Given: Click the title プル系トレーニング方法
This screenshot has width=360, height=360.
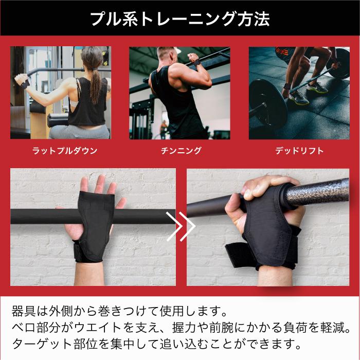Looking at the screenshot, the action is click(x=180, y=19).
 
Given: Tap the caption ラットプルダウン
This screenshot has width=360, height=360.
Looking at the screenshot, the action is click(x=65, y=151).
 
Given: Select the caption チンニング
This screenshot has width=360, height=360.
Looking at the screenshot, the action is click(x=181, y=151).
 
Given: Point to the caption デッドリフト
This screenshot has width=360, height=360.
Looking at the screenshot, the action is click(x=299, y=151).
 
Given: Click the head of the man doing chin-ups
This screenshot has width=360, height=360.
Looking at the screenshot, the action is click(x=167, y=56).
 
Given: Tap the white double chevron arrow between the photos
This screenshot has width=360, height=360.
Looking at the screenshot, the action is click(x=181, y=226).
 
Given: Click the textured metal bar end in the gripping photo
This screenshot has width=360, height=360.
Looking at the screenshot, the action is click(x=317, y=193).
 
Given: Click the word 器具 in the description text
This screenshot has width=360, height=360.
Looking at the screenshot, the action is click(x=24, y=311).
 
